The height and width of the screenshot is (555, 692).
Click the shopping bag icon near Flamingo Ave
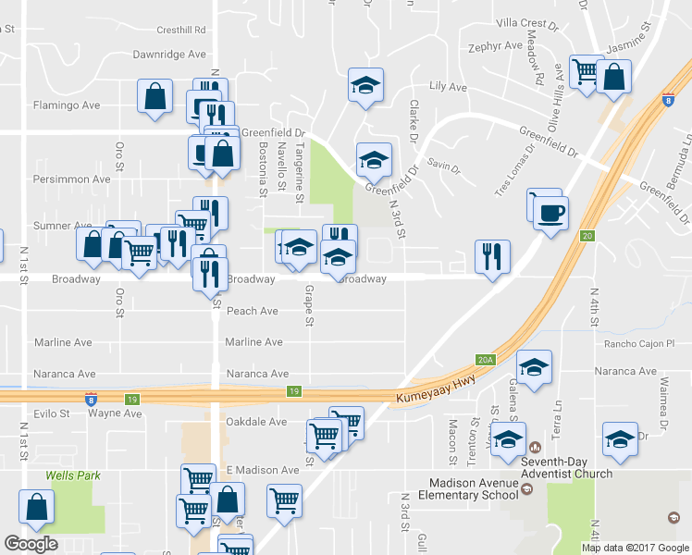pyautogui.click(x=154, y=96)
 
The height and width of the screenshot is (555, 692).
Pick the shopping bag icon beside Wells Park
pyautogui.click(x=36, y=506)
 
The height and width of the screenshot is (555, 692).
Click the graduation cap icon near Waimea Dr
pyautogui.click(x=620, y=440)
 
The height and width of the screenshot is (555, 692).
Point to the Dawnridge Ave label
pyautogui.click(x=169, y=55)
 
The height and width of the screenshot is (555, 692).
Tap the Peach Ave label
pyautogui.click(x=253, y=311)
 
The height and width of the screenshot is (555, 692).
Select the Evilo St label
pyautogui.click(x=53, y=413)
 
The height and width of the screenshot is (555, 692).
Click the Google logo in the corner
pyautogui.click(x=31, y=544)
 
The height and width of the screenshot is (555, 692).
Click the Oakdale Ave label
pyautogui.click(x=256, y=422)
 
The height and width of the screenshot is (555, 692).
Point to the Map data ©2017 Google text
pyautogui.click(x=634, y=548)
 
